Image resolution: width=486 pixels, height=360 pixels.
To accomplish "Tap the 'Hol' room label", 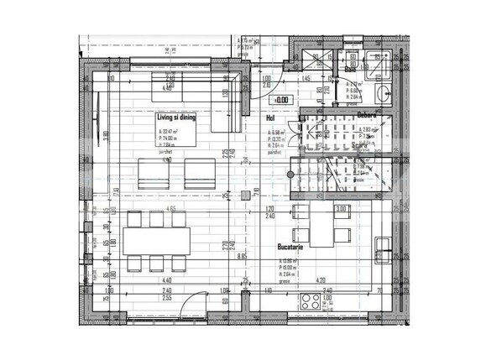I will point(270,120).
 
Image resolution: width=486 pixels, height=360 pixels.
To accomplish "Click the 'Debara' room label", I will point(365,114).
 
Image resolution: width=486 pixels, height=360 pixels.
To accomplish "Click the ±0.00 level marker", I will point(282,101).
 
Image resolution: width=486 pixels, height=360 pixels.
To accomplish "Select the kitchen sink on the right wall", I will point(383,248).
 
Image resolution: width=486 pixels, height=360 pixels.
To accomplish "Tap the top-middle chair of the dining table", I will point(156,218).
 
